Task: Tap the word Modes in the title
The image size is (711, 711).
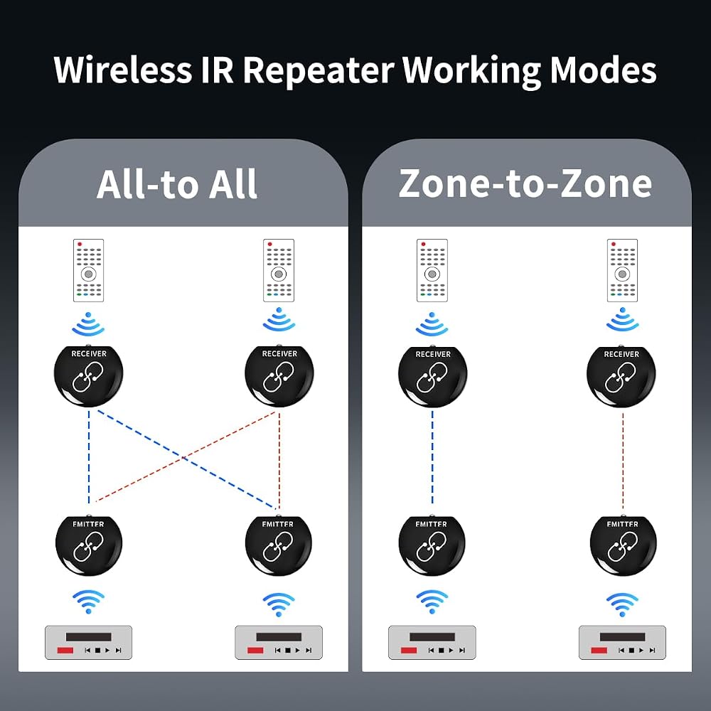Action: click(x=603, y=70)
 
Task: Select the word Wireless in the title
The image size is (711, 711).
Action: click(x=122, y=70)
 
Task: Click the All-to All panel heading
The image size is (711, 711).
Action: click(x=177, y=184)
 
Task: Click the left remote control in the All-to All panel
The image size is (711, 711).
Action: click(x=88, y=270)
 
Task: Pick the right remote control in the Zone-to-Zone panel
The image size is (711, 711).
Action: click(x=622, y=270)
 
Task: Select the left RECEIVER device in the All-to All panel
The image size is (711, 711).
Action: click(x=88, y=376)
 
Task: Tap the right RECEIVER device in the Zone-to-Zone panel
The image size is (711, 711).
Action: click(x=621, y=376)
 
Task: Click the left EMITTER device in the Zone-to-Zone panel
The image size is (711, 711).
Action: click(x=432, y=545)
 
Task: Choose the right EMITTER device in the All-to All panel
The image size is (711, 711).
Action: click(x=279, y=545)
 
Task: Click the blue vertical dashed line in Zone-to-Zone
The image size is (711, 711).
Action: click(x=432, y=457)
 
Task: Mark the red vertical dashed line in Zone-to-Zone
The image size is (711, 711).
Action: click(x=623, y=461)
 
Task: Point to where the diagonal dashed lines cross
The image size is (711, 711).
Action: click(x=183, y=459)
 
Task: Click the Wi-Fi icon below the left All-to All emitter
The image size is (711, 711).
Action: click(x=88, y=602)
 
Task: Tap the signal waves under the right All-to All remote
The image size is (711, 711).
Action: click(x=279, y=321)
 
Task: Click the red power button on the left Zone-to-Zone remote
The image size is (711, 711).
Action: click(x=424, y=245)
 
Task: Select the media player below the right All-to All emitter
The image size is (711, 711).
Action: click(x=279, y=643)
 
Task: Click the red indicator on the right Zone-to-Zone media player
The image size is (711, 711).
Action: click(x=599, y=651)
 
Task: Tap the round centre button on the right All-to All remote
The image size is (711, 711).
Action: click(x=279, y=274)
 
